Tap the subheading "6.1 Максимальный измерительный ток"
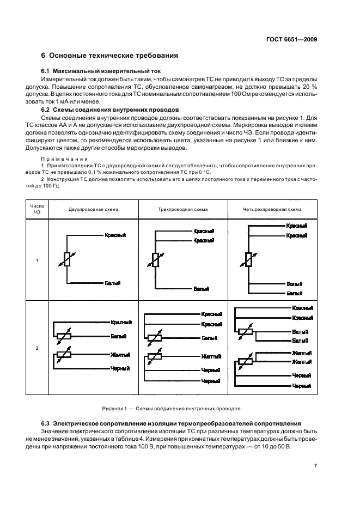(x=101, y=72)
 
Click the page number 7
(x=315, y=465)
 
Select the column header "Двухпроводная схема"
(x=93, y=209)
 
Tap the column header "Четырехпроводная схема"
(x=271, y=209)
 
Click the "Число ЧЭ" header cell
(x=37, y=209)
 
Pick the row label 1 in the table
(x=37, y=260)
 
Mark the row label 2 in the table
(x=37, y=348)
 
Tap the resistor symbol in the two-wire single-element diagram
(x=67, y=259)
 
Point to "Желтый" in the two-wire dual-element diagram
(x=119, y=354)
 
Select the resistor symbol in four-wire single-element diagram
(x=248, y=259)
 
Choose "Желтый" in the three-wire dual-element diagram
(x=211, y=356)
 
